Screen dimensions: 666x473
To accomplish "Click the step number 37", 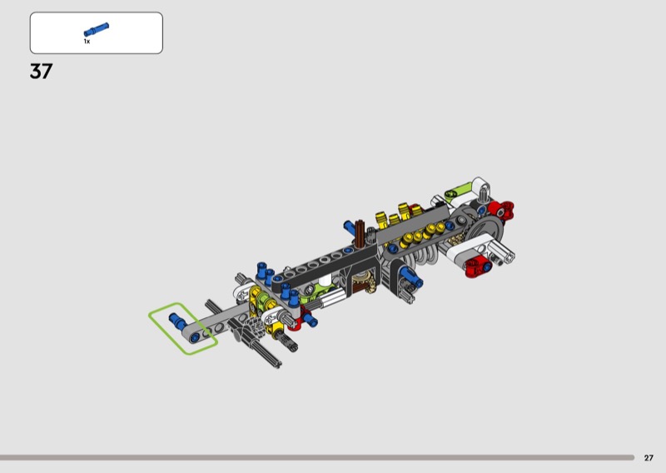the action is [41, 71].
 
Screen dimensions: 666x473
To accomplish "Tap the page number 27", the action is [649, 458].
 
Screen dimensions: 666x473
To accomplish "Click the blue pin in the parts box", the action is [97, 29].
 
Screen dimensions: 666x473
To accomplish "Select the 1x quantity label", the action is [87, 42].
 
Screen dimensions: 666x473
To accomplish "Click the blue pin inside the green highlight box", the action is [177, 321].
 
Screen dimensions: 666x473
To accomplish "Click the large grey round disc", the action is [485, 229].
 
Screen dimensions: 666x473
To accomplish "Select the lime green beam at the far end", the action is [459, 191].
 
